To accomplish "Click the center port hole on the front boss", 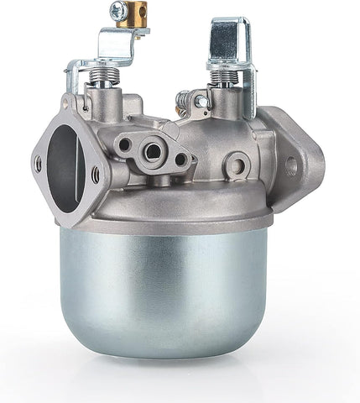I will [x=154, y=152].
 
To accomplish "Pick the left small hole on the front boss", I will [x=125, y=144].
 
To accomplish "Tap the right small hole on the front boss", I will [x=181, y=160].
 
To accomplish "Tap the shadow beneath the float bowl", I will [x=168, y=369].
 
